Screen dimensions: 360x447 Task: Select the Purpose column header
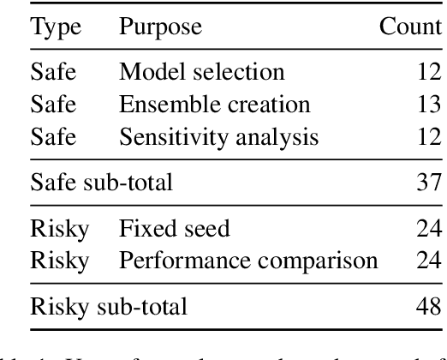click(160, 27)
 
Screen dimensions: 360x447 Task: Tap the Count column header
click(410, 27)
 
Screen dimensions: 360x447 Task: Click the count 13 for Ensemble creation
click(427, 105)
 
